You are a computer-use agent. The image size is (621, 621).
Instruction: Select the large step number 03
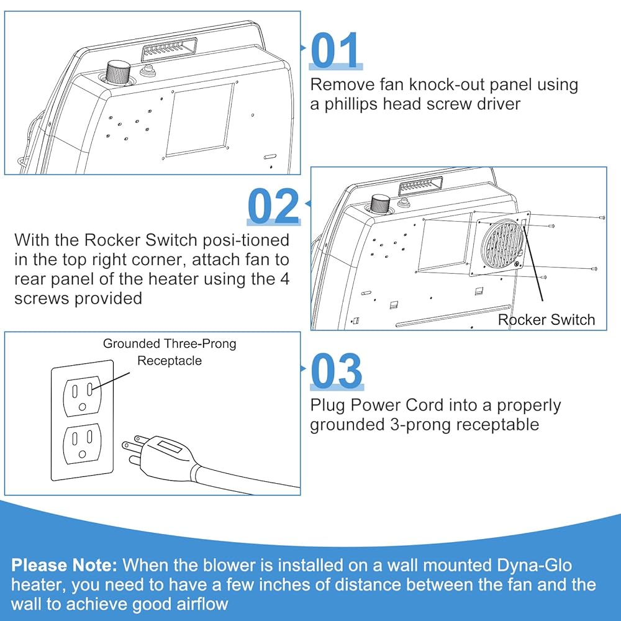tap(336, 371)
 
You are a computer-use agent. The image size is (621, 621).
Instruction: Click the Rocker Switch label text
tap(546, 320)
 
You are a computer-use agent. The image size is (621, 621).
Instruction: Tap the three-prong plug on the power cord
tap(155, 451)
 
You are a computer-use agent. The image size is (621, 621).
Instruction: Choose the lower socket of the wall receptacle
tap(82, 443)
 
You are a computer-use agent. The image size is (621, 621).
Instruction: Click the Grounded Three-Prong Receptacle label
tap(170, 351)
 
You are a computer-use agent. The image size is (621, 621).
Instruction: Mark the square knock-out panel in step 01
tap(199, 119)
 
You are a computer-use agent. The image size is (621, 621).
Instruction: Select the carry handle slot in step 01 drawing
tap(170, 47)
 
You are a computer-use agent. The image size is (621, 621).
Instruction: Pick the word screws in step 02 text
tap(40, 298)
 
